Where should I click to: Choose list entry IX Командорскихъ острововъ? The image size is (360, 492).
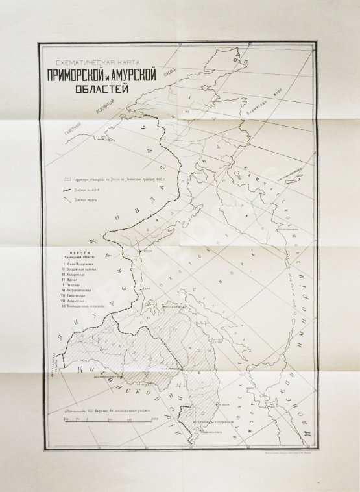click(87, 306)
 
